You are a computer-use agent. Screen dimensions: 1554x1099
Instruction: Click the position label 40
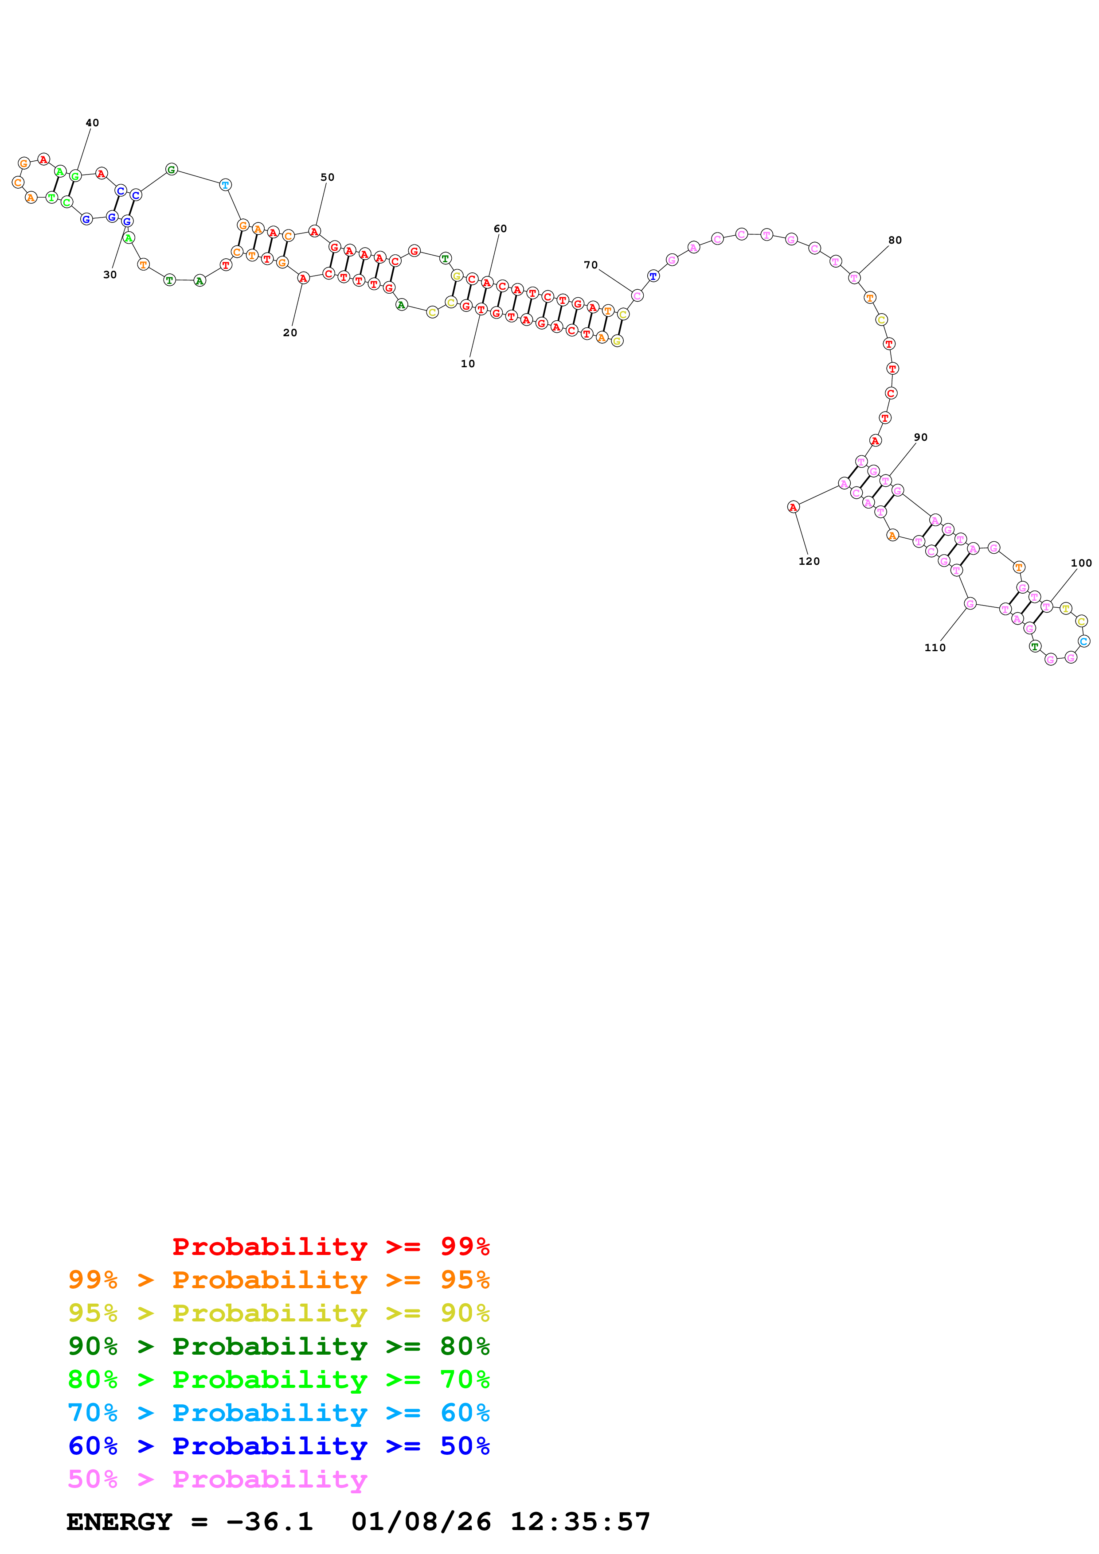[x=92, y=123]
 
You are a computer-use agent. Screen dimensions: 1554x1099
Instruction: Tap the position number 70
[x=591, y=264]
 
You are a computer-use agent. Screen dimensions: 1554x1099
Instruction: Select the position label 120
[x=809, y=561]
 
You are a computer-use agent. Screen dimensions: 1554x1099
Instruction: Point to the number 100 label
[x=1081, y=563]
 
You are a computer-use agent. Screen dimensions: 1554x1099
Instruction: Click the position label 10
[x=467, y=363]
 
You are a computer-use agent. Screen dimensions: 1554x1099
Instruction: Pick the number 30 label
[x=110, y=275]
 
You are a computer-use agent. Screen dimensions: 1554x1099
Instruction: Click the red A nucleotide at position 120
[x=793, y=507]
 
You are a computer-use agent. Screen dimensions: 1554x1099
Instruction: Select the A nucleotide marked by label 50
[x=314, y=232]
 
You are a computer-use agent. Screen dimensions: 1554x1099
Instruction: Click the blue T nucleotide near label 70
[x=653, y=276]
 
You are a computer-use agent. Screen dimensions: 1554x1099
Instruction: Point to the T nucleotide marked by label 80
[x=854, y=277]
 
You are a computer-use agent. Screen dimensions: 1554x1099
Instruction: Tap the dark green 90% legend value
[x=93, y=1346]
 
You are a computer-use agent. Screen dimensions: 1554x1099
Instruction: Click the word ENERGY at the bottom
[x=119, y=1522]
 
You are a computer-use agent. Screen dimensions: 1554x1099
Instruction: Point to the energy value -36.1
[x=270, y=1522]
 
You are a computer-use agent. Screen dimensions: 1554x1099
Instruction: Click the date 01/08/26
[x=421, y=1522]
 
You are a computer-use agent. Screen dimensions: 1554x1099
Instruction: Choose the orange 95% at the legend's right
[x=465, y=1279]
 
